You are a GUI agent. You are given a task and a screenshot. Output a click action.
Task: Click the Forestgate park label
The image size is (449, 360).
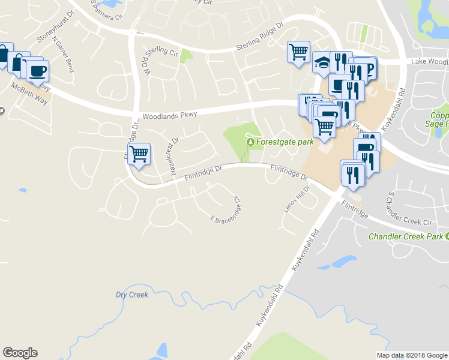(x=285, y=143)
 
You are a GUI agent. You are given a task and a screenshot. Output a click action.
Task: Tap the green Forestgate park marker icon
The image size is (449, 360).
(x=250, y=142)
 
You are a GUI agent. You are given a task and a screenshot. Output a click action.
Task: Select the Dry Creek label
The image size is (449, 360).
(x=131, y=295)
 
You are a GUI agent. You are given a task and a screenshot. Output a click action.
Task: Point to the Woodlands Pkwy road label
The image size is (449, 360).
(x=169, y=116)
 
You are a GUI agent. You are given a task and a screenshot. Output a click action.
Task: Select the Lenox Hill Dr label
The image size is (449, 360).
(x=295, y=199)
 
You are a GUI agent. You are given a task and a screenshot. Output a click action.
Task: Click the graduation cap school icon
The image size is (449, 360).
(x=322, y=62)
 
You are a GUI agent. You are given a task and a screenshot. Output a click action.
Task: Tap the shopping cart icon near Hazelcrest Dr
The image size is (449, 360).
(x=139, y=154)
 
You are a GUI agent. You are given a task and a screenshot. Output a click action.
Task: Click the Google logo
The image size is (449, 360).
(x=20, y=353)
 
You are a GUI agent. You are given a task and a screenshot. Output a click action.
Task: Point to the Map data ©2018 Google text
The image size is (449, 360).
(x=411, y=355)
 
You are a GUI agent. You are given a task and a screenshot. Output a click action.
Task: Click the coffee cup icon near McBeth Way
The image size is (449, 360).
(x=38, y=70)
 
